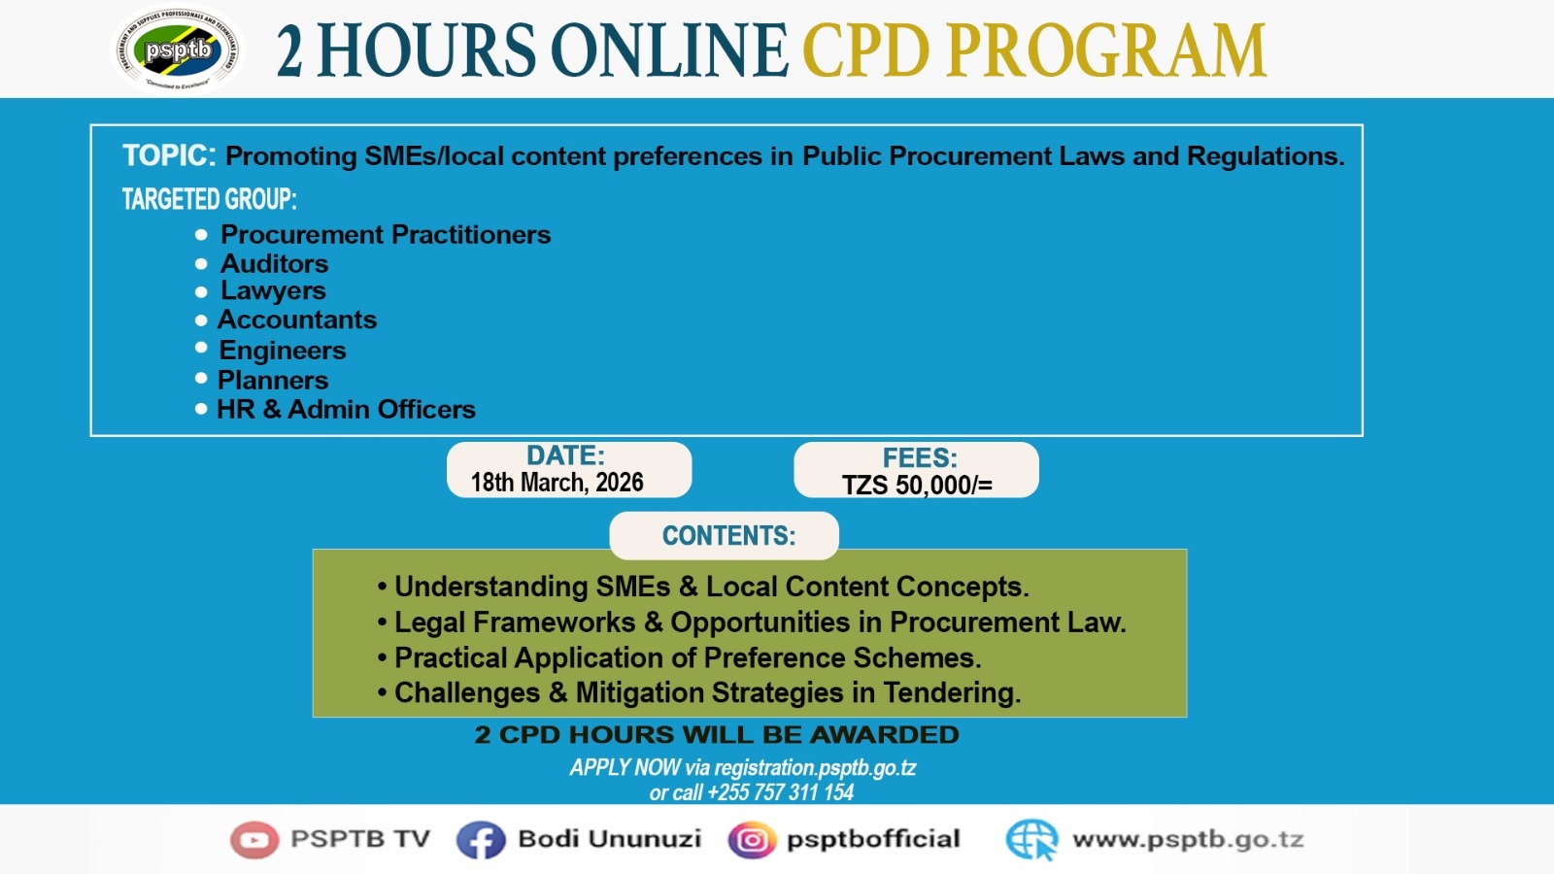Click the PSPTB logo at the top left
[x=178, y=49]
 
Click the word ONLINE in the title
[x=669, y=50]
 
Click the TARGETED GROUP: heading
[x=209, y=199]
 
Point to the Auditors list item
[x=274, y=263]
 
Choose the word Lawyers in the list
[x=273, y=290]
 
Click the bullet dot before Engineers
[x=201, y=348]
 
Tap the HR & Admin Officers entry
[x=346, y=409]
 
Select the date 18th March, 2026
[x=557, y=483]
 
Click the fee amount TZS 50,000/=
[x=917, y=485]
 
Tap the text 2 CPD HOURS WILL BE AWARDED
[x=716, y=735]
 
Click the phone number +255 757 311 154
[x=780, y=792]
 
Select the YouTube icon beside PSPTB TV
[x=254, y=839]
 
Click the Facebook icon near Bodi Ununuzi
[x=481, y=840]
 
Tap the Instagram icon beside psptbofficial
[x=752, y=840]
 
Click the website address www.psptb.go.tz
[x=1187, y=840]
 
